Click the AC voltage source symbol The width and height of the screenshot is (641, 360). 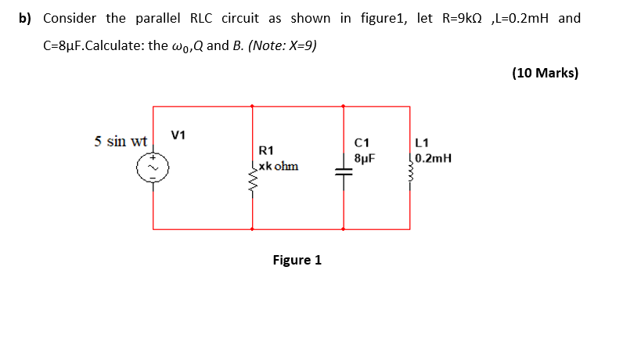153,166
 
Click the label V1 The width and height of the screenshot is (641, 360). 178,135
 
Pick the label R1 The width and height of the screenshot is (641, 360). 266,150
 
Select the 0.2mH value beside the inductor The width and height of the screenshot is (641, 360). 434,157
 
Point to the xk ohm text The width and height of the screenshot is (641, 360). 278,166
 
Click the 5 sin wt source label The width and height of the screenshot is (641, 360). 121,142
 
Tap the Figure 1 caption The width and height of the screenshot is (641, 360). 297,260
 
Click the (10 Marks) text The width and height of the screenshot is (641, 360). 546,73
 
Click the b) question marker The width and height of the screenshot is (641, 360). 25,18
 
